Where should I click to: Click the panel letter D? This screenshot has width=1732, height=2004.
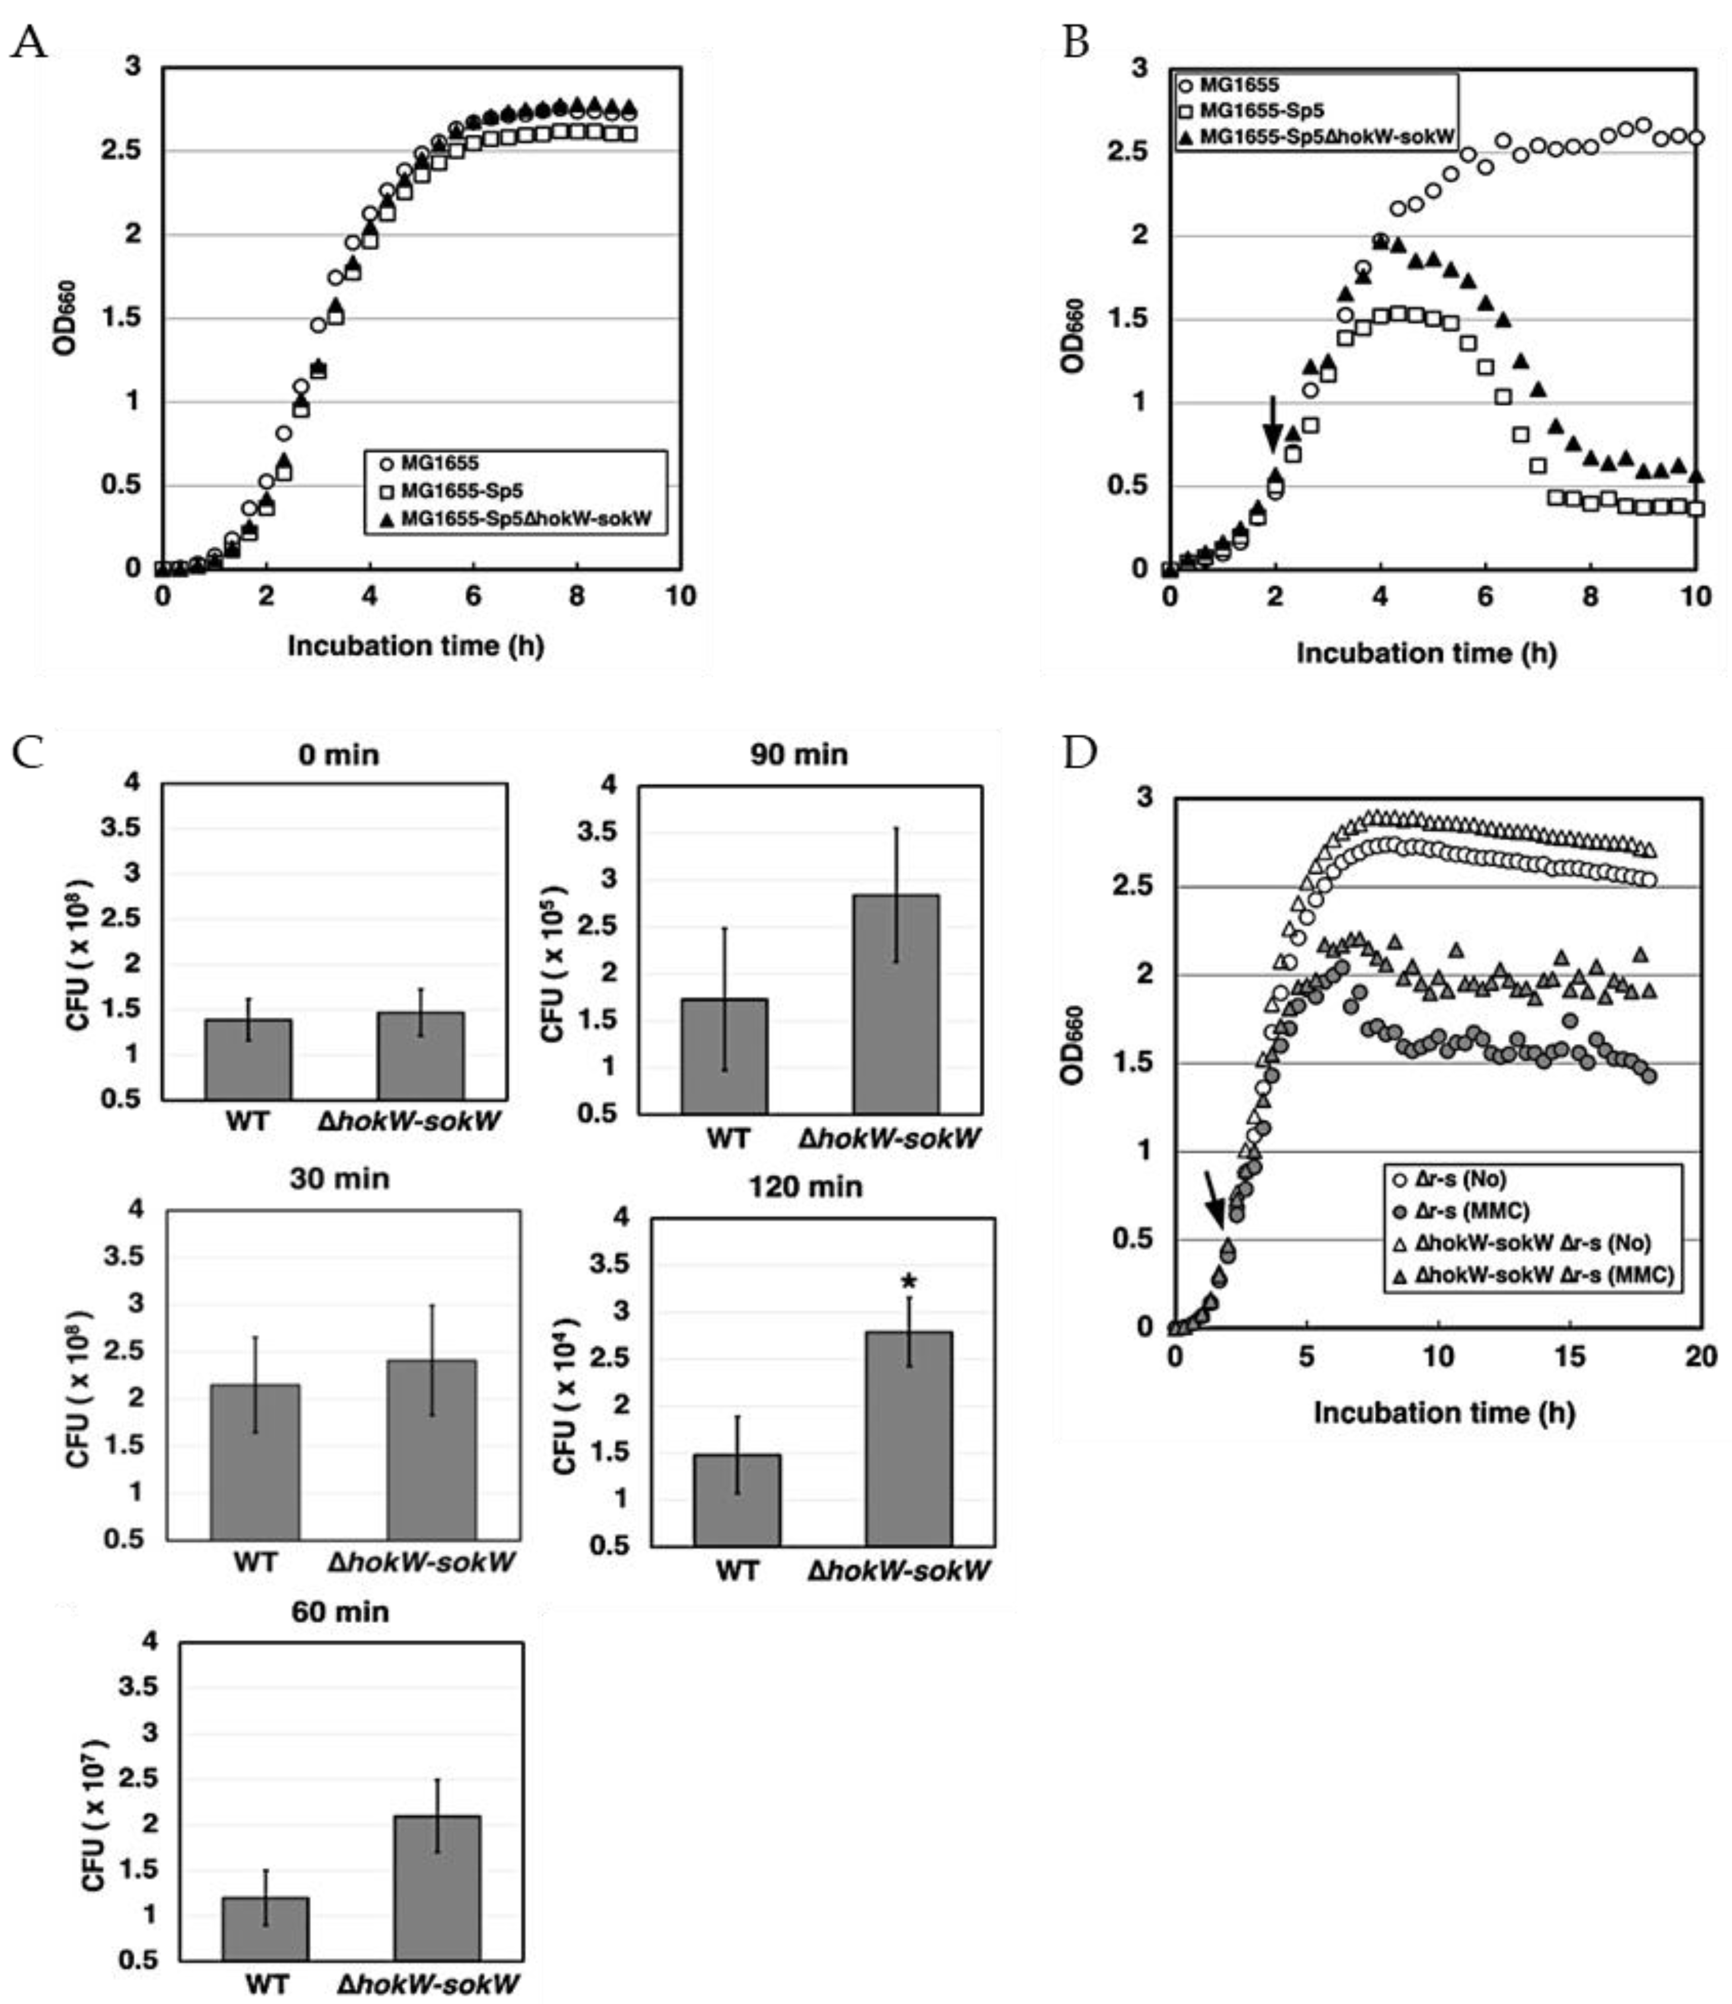pyautogui.click(x=1080, y=752)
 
